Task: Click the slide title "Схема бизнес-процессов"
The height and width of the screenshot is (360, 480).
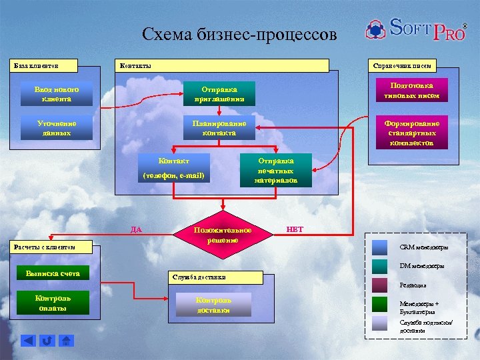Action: coord(240,35)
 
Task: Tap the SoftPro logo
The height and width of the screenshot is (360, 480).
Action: coord(415,29)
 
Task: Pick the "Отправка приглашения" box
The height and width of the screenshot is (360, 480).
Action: coord(219,94)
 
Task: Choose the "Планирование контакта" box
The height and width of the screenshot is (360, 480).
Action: coord(219,128)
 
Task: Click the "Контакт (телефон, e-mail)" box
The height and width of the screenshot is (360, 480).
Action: coord(173,168)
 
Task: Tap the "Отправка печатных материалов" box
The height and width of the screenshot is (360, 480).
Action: coord(275,171)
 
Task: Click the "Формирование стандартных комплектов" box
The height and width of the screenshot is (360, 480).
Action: coord(411,133)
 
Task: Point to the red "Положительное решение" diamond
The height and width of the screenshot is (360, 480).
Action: coord(222,235)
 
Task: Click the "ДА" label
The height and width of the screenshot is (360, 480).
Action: coord(136,229)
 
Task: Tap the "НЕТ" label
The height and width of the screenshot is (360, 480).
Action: coord(294,229)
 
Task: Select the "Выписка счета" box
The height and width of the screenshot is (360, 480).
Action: coord(52,273)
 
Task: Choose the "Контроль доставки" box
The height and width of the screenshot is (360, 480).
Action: coord(213,305)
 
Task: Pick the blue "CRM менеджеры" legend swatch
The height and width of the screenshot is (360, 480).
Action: coord(380,247)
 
